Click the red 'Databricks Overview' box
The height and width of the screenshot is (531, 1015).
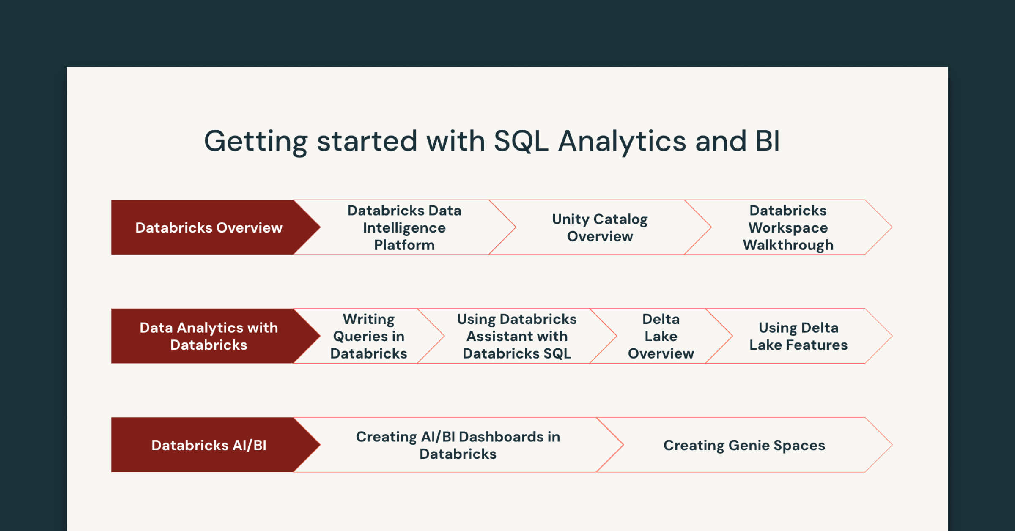point(208,227)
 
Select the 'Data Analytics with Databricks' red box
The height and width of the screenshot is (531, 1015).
point(208,336)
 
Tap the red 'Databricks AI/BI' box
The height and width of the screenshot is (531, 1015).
point(208,445)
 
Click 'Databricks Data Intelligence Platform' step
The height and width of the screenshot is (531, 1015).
point(404,227)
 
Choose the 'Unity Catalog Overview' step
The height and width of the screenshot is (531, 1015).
point(600,227)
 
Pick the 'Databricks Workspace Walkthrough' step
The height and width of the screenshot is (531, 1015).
point(788,227)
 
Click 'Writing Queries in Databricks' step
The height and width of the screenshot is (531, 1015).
point(368,336)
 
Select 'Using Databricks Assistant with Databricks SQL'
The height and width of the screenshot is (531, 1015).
point(517,336)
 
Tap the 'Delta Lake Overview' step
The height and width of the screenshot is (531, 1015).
point(661,336)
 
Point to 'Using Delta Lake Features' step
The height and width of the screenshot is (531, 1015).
point(798,336)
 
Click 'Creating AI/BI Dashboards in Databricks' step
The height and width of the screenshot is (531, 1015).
point(458,445)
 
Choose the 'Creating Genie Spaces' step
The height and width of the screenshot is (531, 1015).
point(744,445)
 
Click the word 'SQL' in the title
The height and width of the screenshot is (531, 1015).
point(521,141)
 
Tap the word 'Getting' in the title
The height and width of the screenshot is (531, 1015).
point(256,141)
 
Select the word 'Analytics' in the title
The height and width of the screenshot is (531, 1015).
point(622,141)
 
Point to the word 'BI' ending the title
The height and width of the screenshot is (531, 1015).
point(767,141)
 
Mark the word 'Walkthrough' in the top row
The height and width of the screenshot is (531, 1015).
point(788,245)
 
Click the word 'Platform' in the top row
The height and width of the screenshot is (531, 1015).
point(404,245)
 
